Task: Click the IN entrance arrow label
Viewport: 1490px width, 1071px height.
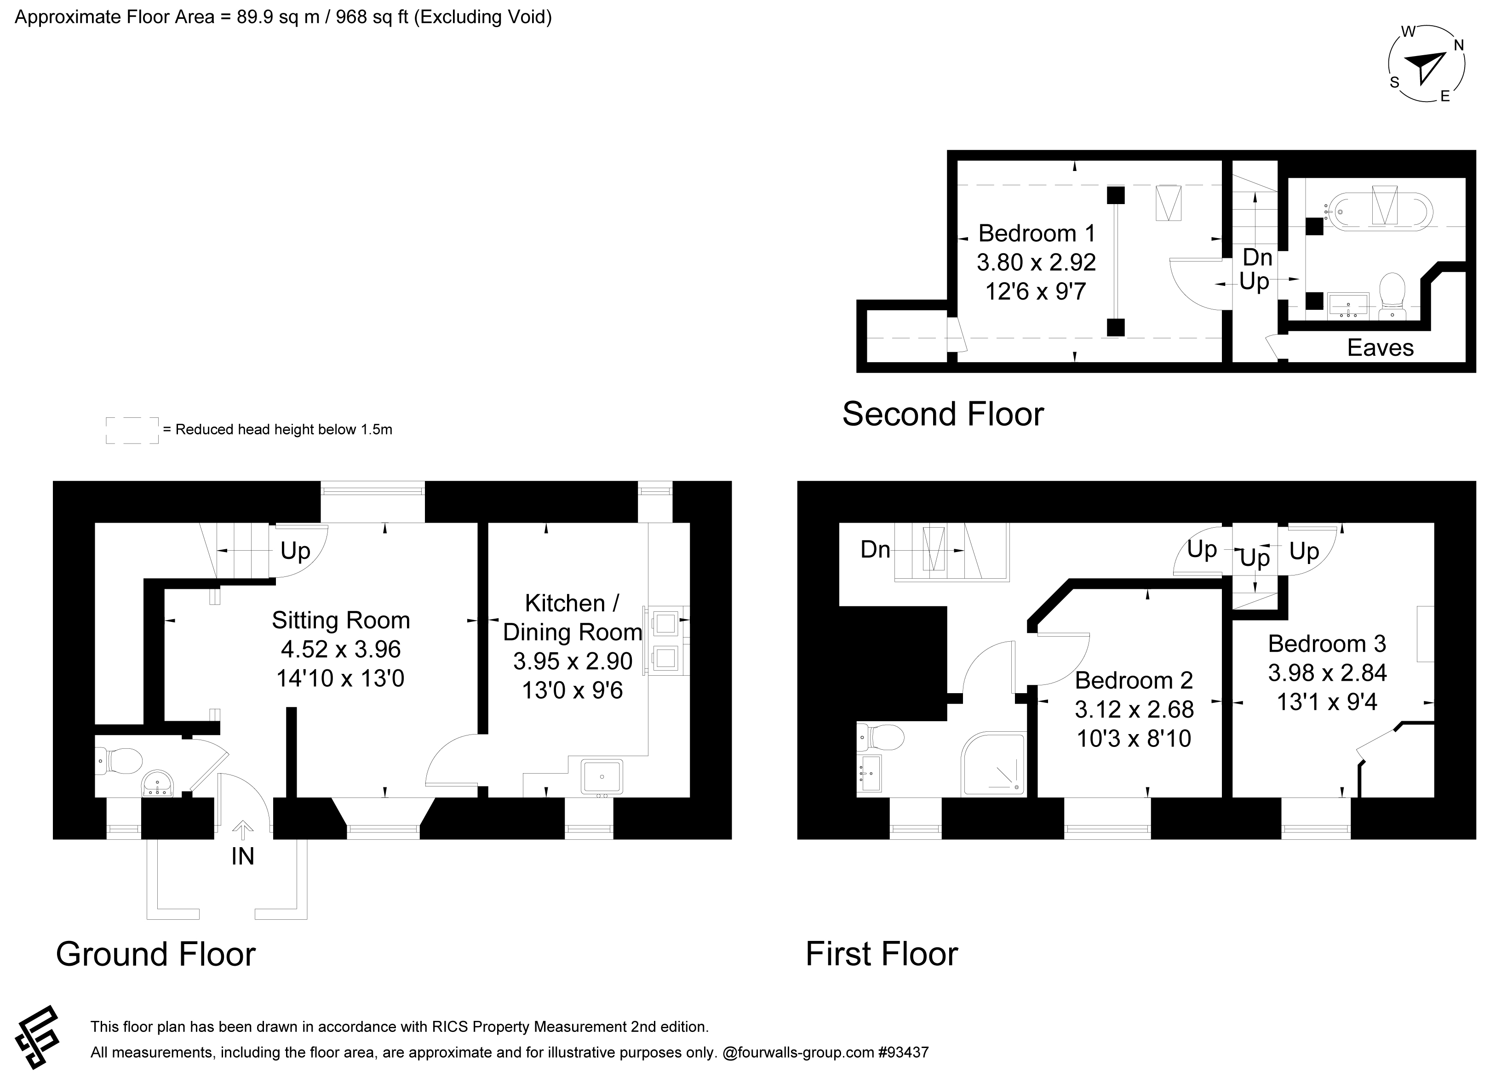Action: pos(242,856)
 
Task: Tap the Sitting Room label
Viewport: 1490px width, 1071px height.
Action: pos(341,620)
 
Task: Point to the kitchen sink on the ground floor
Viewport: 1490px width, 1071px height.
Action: pos(602,777)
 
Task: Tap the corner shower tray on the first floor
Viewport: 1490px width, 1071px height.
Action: pos(993,763)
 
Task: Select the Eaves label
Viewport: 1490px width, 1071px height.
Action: pos(1380,348)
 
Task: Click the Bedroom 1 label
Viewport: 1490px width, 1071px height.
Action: pos(1037,233)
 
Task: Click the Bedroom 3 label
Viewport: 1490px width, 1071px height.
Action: pos(1327,644)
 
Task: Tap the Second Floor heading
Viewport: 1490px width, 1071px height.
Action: pos(943,414)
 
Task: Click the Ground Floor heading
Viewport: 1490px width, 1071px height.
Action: pos(156,954)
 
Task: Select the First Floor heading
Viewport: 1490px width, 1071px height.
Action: pos(882,954)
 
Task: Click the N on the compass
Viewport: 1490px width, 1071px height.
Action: pos(1458,46)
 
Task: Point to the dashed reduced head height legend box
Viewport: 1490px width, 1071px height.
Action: pos(132,430)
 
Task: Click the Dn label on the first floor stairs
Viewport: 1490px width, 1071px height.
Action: pos(875,550)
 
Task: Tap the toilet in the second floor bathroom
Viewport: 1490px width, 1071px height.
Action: pos(1392,296)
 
